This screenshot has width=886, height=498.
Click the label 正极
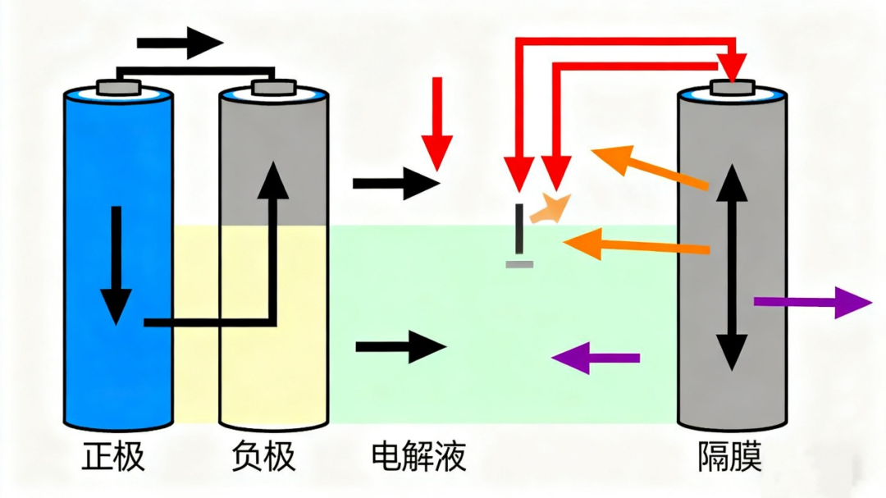114,456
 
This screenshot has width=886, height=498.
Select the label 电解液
419,456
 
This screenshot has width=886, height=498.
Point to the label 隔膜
729,456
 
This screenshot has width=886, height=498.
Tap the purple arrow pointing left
596,358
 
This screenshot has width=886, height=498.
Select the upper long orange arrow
649,167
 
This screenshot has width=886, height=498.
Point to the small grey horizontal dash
519,264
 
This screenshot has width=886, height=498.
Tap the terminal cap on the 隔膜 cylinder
731,87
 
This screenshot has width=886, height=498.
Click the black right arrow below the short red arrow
396,183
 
